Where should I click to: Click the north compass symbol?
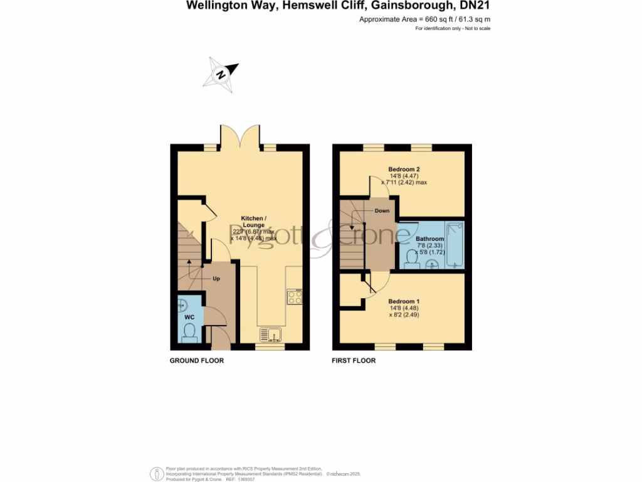tap(221, 74)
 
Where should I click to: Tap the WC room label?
tap(189, 318)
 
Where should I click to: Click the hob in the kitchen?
tap(293, 297)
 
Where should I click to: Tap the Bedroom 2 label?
tap(404, 169)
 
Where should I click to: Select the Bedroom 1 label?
tap(404, 301)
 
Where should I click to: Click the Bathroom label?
tap(430, 239)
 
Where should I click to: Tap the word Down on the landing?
tap(382, 211)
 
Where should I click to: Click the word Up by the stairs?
tap(216, 278)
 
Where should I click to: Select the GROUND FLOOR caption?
tap(197, 361)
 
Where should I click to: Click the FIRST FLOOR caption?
tap(354, 361)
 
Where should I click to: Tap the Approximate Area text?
tap(424, 19)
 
